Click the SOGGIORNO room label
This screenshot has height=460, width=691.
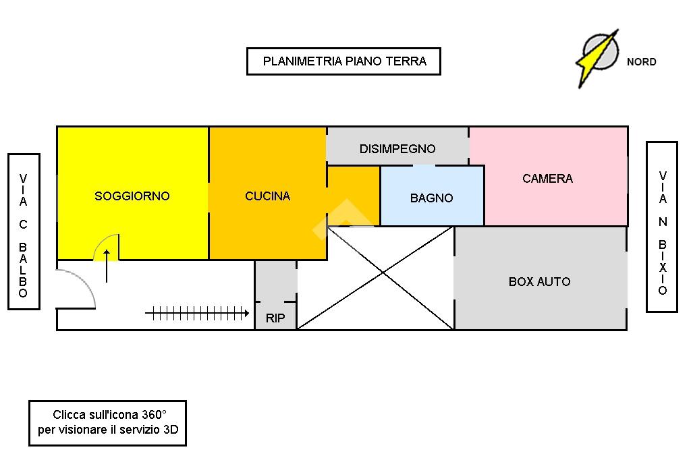pyautogui.click(x=132, y=196)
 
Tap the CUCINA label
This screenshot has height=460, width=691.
pyautogui.click(x=267, y=196)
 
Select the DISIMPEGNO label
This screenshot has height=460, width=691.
pyautogui.click(x=397, y=148)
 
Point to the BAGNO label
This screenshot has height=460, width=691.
pyautogui.click(x=431, y=198)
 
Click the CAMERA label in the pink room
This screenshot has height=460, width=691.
pyautogui.click(x=547, y=179)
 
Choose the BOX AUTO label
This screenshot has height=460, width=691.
pyautogui.click(x=539, y=281)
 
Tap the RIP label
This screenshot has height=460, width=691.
pyautogui.click(x=275, y=318)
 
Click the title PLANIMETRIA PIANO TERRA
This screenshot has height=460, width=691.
pyautogui.click(x=344, y=61)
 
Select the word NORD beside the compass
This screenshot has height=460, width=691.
pyautogui.click(x=641, y=62)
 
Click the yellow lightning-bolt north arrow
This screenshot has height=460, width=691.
pyautogui.click(x=597, y=57)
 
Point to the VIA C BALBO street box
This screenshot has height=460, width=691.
pyautogui.click(x=24, y=231)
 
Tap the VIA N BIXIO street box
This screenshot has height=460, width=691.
pyautogui.click(x=662, y=227)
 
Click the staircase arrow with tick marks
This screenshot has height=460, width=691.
pyautogui.click(x=197, y=313)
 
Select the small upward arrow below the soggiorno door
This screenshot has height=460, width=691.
pyautogui.click(x=107, y=266)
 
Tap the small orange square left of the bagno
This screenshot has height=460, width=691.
pyautogui.click(x=354, y=196)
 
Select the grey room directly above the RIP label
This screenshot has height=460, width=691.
pyautogui.click(x=275, y=281)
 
